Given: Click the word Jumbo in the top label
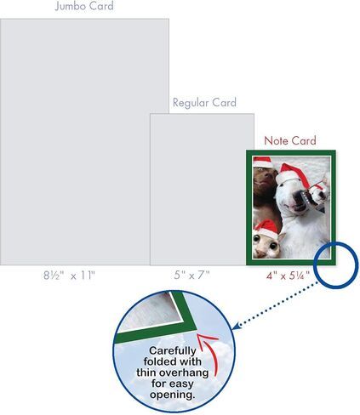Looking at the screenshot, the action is [70, 6].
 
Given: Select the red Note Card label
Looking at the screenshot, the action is [290, 140].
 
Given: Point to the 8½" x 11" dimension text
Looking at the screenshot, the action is [69, 276].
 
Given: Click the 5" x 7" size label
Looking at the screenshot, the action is [192, 275].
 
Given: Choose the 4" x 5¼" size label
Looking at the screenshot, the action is [288, 276].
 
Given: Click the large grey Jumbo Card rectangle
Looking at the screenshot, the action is [84, 142].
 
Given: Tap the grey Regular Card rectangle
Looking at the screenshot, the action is [202, 190].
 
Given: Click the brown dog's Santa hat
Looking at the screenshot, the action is [261, 162].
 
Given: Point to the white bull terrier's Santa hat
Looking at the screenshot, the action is [291, 174].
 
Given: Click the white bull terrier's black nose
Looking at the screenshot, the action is [300, 196].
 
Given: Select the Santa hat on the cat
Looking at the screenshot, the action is [266, 229].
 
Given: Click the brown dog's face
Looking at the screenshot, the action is [266, 179].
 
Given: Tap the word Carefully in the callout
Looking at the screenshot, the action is [173, 351].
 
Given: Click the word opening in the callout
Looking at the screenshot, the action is [172, 395].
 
